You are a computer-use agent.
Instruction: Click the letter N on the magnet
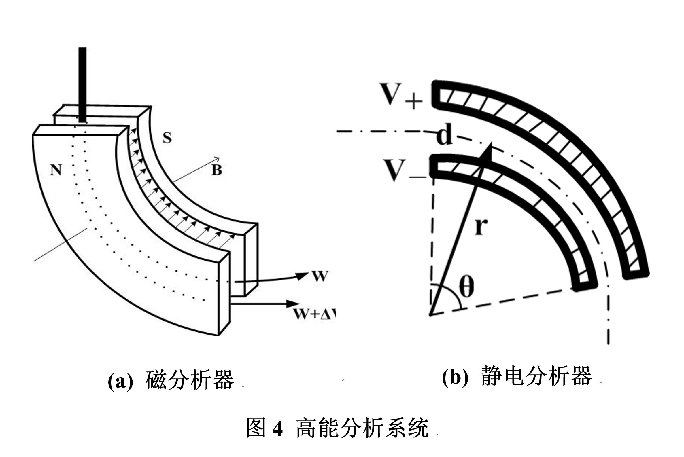tap(56, 170)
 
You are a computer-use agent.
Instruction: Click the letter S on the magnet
tap(167, 138)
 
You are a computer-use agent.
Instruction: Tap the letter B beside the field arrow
tap(217, 170)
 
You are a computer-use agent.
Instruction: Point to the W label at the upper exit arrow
tap(320, 276)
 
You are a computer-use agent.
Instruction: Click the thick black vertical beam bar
tap(82, 85)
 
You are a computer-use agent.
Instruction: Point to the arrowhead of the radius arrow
tap(489, 151)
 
